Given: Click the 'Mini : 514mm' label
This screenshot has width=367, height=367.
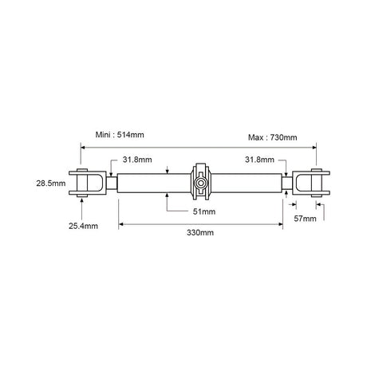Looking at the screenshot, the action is (120, 135).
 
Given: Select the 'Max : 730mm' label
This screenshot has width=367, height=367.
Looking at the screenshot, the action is (273, 137).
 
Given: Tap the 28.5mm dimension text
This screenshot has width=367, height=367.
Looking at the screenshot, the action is (51, 183).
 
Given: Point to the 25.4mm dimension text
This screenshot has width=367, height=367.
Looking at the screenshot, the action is (83, 226).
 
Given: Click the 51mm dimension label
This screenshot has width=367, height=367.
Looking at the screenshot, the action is (204, 211).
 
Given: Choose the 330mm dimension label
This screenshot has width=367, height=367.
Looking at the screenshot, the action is (200, 233).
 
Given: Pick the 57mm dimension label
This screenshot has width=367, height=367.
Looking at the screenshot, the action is (305, 219).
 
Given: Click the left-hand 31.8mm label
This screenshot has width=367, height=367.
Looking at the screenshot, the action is (137, 160).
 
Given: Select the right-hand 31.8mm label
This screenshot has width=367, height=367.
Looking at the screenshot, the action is (259, 160).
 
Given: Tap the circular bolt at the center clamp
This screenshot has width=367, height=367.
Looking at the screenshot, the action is (200, 183).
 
